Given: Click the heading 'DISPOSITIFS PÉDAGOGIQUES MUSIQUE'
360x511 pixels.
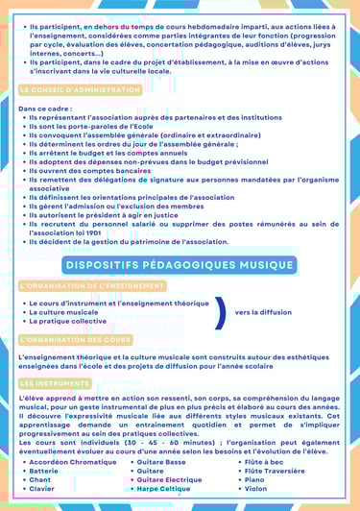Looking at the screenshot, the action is pos(180,264).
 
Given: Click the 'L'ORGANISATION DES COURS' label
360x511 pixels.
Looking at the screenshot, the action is pos(75,339).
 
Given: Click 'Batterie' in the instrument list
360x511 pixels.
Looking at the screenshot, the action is pos(44,471).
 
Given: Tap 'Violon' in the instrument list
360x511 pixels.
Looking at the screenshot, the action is pos(256,489).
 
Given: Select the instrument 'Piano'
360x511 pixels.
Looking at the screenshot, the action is pos(254,479).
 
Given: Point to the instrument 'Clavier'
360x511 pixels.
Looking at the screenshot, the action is pos(42,489).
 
